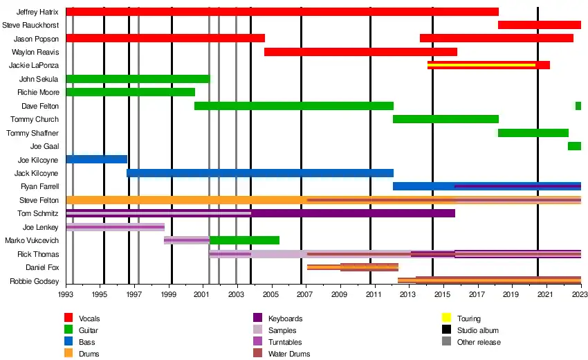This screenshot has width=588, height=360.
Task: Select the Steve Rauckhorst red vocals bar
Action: (x=539, y=25)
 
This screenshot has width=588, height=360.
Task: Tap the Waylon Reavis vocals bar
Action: (x=360, y=52)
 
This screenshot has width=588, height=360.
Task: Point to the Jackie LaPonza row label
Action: (x=34, y=65)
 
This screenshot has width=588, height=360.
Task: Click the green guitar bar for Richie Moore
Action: (x=130, y=92)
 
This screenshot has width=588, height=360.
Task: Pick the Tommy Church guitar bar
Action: (x=445, y=119)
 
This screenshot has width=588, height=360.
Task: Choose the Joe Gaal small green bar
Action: (x=574, y=146)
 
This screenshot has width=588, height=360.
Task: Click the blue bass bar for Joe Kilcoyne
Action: (x=96, y=159)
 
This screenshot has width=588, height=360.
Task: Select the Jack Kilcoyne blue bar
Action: (x=259, y=173)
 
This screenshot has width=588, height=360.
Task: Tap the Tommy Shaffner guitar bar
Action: (x=533, y=133)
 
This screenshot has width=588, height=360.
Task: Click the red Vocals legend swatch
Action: (x=68, y=318)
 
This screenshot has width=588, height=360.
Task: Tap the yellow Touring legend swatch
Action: (x=447, y=318)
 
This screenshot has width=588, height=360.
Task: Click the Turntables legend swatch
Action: (x=258, y=342)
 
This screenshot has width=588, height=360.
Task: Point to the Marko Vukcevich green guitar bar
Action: (x=244, y=240)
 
